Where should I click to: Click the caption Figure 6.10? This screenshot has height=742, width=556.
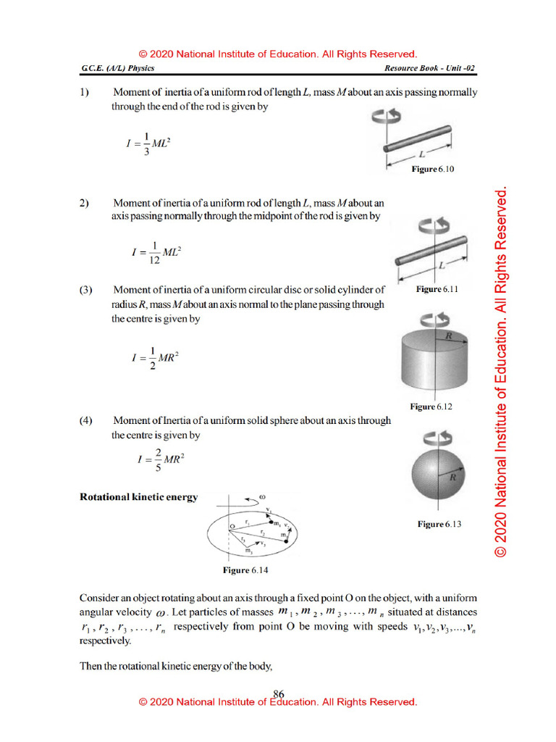tap(432, 169)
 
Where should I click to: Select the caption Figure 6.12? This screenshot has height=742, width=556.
tap(431, 407)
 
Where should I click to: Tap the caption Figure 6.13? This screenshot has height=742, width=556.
tap(439, 524)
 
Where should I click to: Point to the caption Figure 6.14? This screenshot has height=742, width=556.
tap(245, 571)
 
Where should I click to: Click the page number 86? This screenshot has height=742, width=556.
tap(278, 693)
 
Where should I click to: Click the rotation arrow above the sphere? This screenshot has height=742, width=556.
tap(437, 438)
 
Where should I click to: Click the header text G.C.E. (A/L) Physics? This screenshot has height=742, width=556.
tap(118, 69)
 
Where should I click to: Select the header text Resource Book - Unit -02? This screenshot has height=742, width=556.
tap(431, 69)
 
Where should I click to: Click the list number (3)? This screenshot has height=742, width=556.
tap(86, 290)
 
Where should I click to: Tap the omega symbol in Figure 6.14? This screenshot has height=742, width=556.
tap(252, 498)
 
